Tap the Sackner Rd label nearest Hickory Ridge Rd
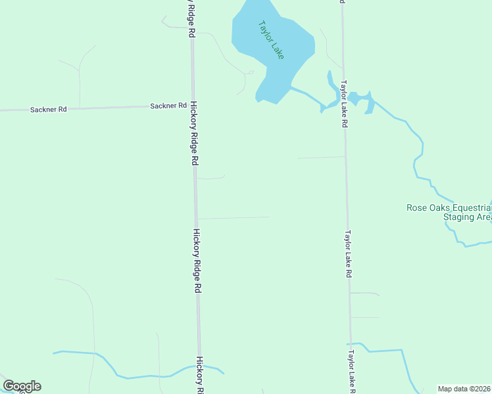[x=164, y=106]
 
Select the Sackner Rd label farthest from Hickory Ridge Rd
[x=49, y=110]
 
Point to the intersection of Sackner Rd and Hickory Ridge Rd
[x=192, y=106]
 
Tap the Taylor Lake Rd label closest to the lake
[x=343, y=104]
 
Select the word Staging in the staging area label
[x=458, y=217]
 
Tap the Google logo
[x=22, y=386]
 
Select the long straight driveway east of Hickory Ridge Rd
[x=234, y=217]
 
